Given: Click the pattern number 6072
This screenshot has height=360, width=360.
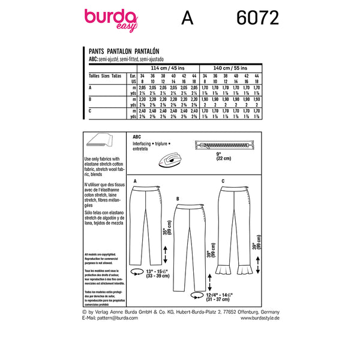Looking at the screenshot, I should coord(254,19).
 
